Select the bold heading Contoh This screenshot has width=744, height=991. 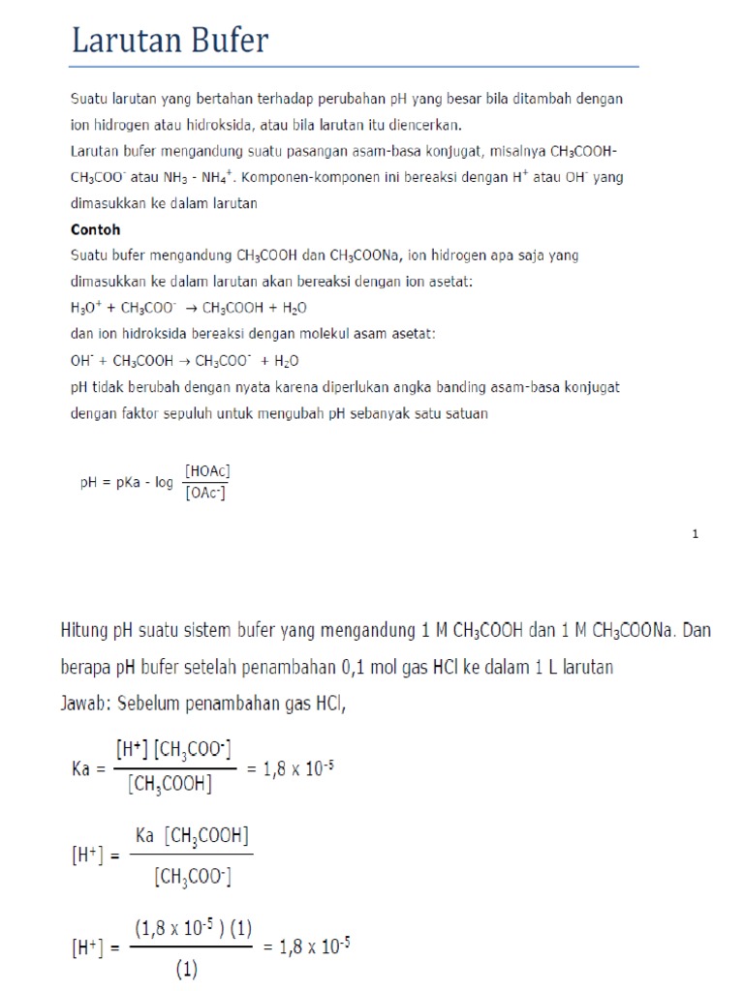point(96,230)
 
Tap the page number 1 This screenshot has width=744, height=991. point(696,533)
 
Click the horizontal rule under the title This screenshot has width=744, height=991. point(355,67)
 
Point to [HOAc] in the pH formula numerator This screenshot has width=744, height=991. point(207,470)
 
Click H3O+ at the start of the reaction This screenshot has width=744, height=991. point(84,308)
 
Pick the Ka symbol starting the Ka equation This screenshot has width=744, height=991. point(81,768)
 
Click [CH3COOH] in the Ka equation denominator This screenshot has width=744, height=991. point(169,785)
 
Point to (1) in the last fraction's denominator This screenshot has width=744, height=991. point(186,968)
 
